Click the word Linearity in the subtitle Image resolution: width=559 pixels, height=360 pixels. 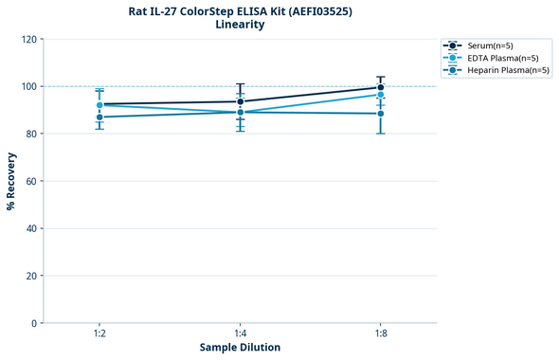(239, 25)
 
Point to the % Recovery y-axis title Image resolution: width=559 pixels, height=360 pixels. (11, 181)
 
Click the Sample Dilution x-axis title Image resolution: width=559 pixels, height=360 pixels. (240, 348)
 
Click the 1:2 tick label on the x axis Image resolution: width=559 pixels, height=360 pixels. (99, 333)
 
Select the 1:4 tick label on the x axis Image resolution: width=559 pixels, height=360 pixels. (240, 333)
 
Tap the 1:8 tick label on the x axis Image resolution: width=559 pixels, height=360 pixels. (380, 333)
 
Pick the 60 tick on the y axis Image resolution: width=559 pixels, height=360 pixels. (30, 181)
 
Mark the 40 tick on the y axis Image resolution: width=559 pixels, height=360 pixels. (30, 228)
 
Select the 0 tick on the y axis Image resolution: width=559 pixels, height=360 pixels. (33, 323)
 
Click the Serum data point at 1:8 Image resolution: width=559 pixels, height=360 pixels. (380, 87)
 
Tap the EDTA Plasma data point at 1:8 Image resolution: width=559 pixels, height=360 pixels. (380, 95)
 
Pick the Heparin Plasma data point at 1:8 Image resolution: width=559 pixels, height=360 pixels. (380, 114)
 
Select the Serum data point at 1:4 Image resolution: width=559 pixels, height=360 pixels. (240, 101)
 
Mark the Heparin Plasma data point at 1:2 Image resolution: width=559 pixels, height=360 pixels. (99, 117)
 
